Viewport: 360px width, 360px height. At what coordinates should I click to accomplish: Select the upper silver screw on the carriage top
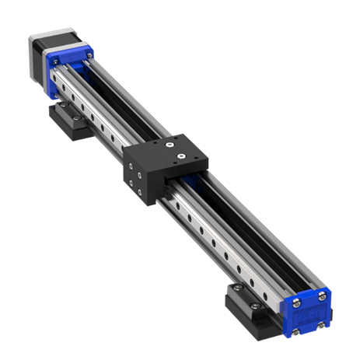(x=169, y=145)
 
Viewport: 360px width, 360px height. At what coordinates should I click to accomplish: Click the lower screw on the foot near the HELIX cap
(x=256, y=306)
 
